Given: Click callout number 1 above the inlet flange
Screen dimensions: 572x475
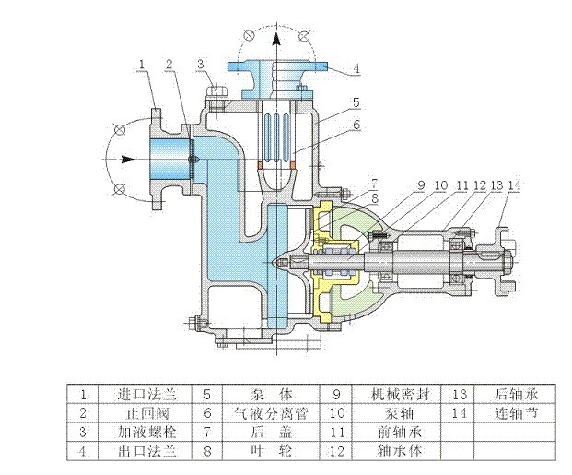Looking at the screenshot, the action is coord(142,65).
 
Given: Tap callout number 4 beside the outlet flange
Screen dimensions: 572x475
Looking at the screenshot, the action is coord(356,68).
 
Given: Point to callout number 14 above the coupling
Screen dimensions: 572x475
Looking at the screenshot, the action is coord(514,185).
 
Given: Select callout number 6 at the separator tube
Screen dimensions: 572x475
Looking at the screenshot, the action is coord(356,125).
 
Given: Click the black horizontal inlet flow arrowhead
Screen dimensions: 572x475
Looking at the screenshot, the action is coord(128,160).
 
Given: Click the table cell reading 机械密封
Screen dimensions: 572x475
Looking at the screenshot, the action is coord(400,395).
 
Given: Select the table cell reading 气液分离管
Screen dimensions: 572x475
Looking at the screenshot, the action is coord(271,413).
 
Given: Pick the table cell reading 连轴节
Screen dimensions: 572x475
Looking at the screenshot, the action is coord(516,413).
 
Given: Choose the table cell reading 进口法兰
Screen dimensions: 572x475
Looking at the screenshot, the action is coord(147,395).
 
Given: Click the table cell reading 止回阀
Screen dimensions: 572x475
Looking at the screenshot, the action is coord(147,413).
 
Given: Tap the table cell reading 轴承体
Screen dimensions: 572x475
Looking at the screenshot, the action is coord(400,450).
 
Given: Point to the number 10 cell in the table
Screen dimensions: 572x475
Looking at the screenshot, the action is coord(336,413).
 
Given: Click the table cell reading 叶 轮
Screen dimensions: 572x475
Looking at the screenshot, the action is coord(271,450).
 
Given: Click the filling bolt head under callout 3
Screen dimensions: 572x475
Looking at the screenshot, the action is coord(216,91).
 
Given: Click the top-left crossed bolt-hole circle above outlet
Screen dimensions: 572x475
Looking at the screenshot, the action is coord(249,35).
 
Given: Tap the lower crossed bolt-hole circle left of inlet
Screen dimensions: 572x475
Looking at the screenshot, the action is coord(120,189).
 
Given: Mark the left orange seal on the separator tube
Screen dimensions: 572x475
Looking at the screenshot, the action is coord(261,165).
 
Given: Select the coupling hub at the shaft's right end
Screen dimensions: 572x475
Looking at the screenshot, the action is coord(506,262).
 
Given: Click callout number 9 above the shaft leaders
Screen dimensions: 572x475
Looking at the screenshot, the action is coord(421,185).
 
